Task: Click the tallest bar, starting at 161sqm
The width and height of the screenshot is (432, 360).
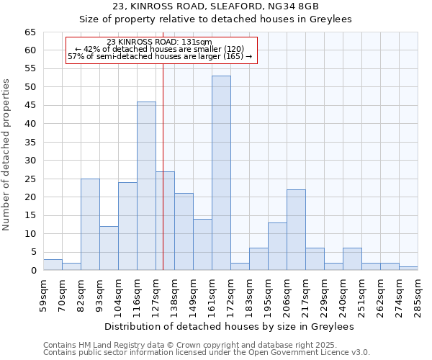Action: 221,173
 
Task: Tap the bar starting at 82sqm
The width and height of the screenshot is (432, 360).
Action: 90,224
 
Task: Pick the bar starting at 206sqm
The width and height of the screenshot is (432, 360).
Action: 296,230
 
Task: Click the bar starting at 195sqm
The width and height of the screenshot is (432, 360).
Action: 277,246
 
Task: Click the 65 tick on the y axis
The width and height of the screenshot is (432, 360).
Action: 30,32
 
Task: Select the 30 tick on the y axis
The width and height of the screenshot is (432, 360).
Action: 30,161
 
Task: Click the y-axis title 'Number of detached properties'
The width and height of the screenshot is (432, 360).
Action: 7,155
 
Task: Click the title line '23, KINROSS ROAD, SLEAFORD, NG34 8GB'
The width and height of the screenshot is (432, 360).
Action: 215,6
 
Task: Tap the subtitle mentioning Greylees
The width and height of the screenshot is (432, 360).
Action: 215,19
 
